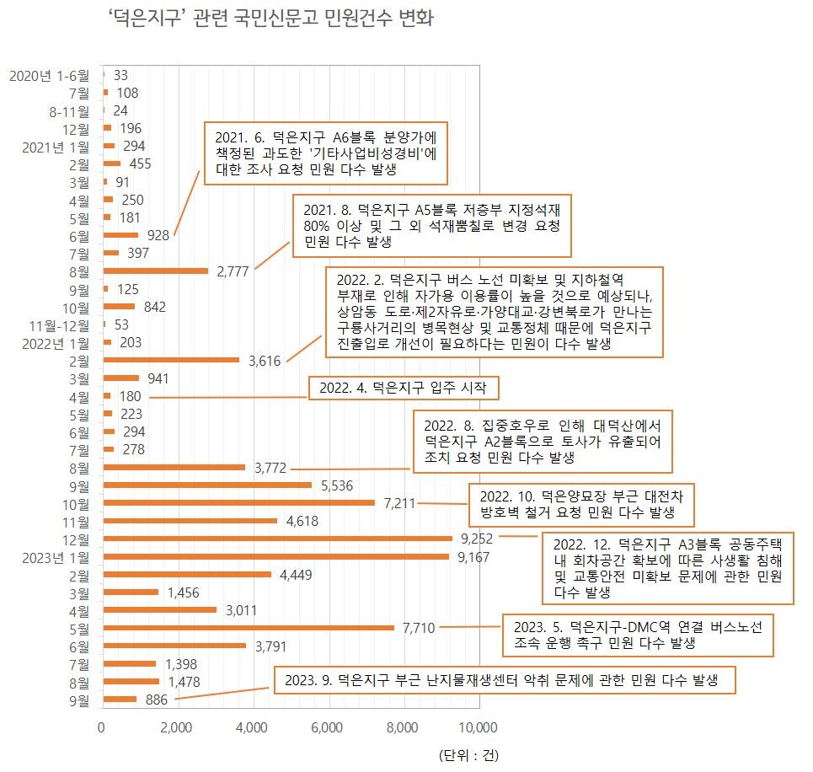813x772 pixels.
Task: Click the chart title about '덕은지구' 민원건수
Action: click(x=271, y=18)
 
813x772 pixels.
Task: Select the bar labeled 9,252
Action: click(x=277, y=538)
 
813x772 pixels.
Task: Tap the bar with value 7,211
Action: click(x=238, y=502)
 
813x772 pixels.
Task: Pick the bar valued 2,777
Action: click(x=155, y=271)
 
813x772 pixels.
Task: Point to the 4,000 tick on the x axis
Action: click(x=253, y=726)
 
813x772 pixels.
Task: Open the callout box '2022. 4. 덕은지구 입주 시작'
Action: click(x=404, y=389)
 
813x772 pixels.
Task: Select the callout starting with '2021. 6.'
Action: click(x=325, y=153)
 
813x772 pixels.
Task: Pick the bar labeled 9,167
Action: click(x=275, y=556)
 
